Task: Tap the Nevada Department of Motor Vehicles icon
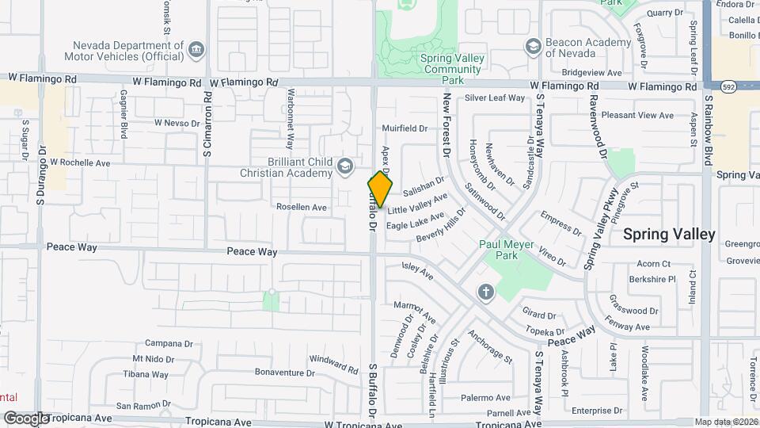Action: click(196, 51)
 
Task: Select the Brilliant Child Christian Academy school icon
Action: click(344, 166)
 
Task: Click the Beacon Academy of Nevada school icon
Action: click(533, 47)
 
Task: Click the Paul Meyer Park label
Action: click(507, 250)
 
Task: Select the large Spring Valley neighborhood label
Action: click(669, 234)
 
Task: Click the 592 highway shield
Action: click(729, 85)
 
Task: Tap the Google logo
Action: click(27, 418)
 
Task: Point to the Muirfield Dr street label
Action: click(405, 128)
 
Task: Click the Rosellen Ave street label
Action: click(301, 208)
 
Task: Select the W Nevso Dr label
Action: click(179, 123)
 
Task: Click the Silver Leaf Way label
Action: click(495, 98)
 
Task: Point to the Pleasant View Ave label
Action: click(637, 115)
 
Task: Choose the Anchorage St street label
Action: click(492, 346)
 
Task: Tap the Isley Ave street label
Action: click(417, 272)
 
